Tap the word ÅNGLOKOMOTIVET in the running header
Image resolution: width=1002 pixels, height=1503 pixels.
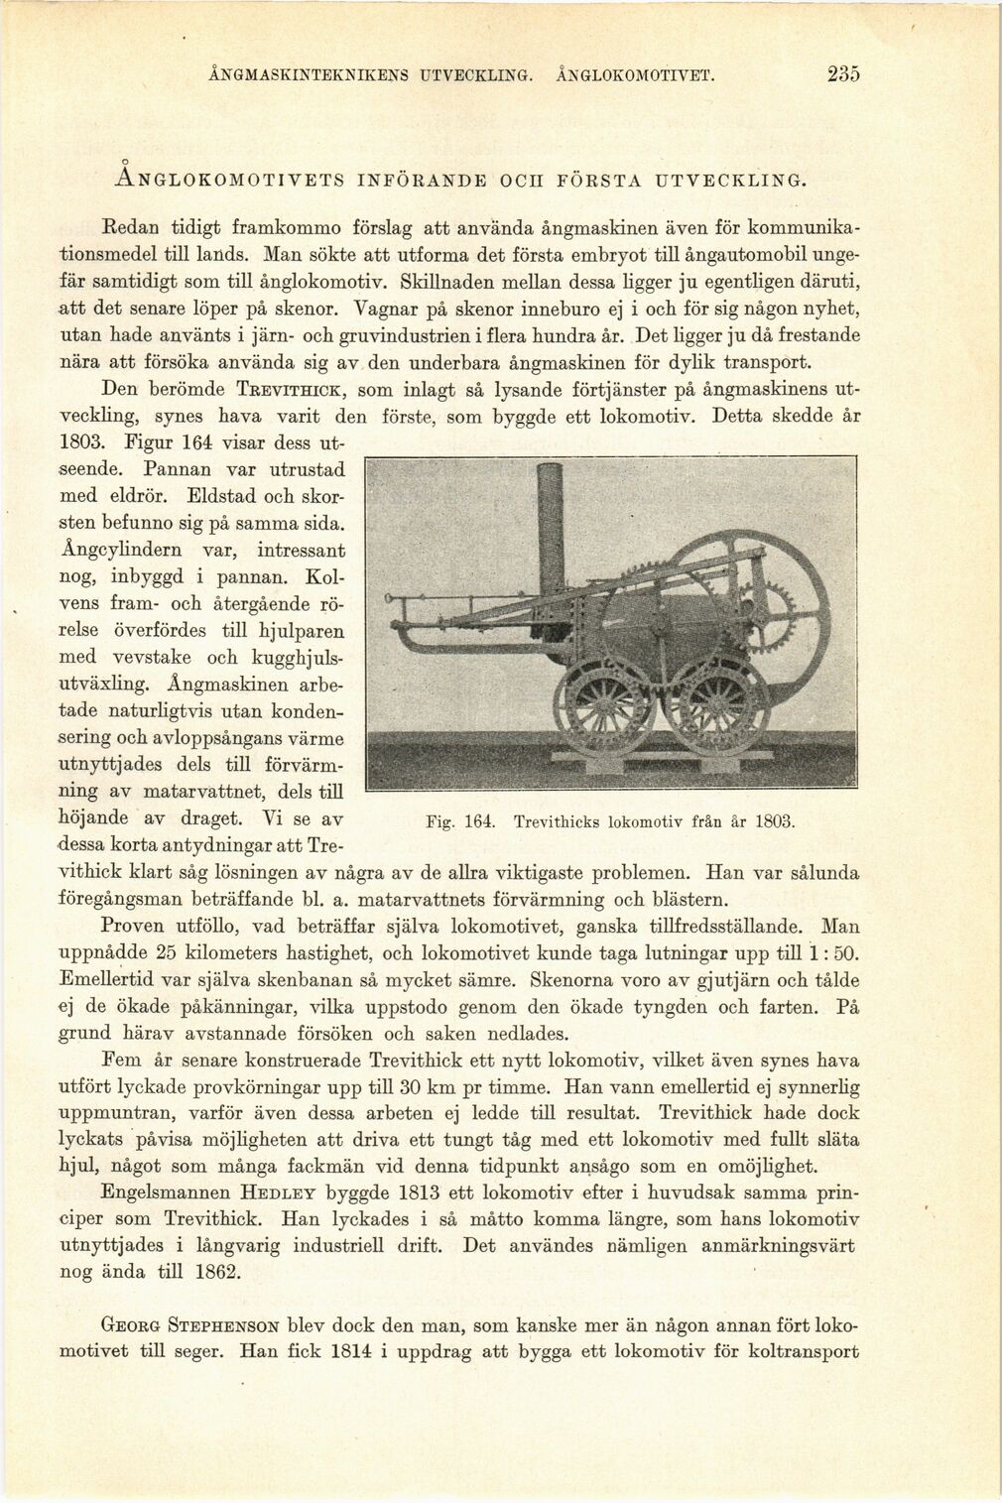coord(636,75)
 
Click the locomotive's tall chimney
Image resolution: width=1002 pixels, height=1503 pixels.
coord(549,539)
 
